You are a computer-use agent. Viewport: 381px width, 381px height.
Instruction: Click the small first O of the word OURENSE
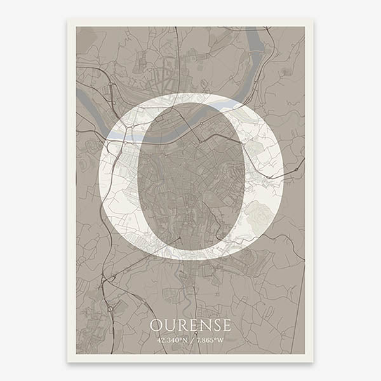click(x=156, y=326)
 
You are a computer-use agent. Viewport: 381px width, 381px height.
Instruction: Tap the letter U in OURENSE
click(x=168, y=326)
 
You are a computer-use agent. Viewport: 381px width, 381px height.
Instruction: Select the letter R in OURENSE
click(x=180, y=326)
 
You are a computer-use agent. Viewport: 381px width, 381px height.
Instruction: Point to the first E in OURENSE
click(x=190, y=326)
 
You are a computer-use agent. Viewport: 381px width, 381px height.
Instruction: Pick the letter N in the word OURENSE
click(x=201, y=326)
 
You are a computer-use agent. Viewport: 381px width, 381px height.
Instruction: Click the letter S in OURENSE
click(x=213, y=326)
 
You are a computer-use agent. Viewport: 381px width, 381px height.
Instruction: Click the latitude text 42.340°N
click(x=171, y=340)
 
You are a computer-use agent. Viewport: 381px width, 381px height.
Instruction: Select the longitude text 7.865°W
click(x=210, y=340)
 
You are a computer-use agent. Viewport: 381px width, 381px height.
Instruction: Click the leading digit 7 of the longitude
click(x=199, y=340)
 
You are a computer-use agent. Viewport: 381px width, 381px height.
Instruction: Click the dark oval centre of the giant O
click(x=190, y=178)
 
